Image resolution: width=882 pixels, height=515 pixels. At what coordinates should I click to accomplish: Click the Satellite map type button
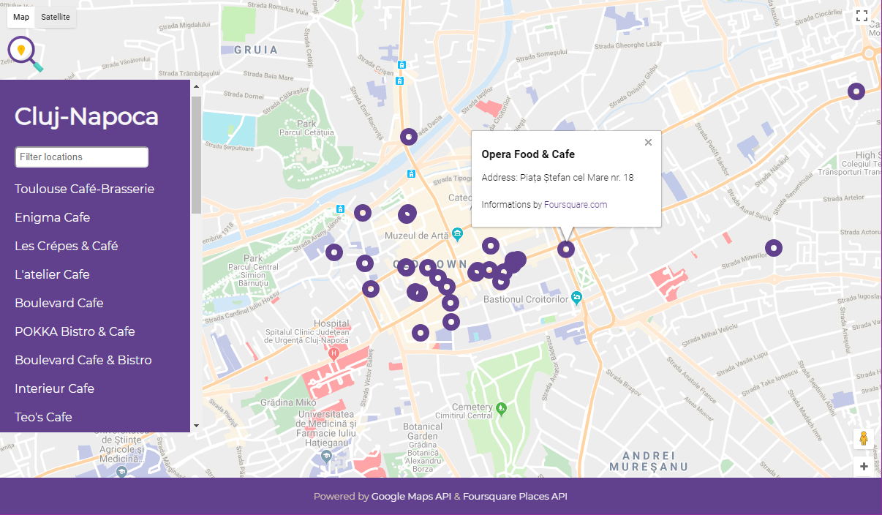[56, 17]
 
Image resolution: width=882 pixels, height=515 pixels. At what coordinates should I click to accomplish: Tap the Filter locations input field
[82, 157]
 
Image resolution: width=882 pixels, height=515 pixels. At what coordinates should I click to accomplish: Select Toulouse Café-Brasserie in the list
[84, 189]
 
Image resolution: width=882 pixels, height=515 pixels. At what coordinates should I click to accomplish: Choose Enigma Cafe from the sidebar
[52, 217]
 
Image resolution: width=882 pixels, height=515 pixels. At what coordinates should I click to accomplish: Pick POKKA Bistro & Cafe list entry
[75, 331]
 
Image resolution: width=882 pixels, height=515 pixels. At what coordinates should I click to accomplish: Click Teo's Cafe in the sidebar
[43, 417]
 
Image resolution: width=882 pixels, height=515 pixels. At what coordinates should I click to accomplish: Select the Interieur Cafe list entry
[54, 388]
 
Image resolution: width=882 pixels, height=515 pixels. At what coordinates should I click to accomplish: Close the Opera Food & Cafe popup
[648, 143]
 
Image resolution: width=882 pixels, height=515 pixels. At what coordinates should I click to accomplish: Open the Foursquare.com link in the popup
[576, 205]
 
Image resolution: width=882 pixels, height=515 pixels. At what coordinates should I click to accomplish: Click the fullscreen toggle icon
[862, 16]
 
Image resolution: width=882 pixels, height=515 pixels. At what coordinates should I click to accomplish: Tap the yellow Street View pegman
[864, 438]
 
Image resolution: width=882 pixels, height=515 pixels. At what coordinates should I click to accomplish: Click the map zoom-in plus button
[864, 466]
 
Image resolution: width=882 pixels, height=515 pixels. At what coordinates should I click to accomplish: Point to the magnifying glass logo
[24, 53]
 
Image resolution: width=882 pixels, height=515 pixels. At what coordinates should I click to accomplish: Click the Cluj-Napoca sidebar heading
[86, 117]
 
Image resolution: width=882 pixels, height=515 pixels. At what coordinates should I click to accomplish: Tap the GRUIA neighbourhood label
[256, 50]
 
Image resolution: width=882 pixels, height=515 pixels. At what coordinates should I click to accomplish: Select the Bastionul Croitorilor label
[526, 299]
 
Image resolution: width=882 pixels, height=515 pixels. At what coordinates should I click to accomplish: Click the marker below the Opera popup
[566, 249]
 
